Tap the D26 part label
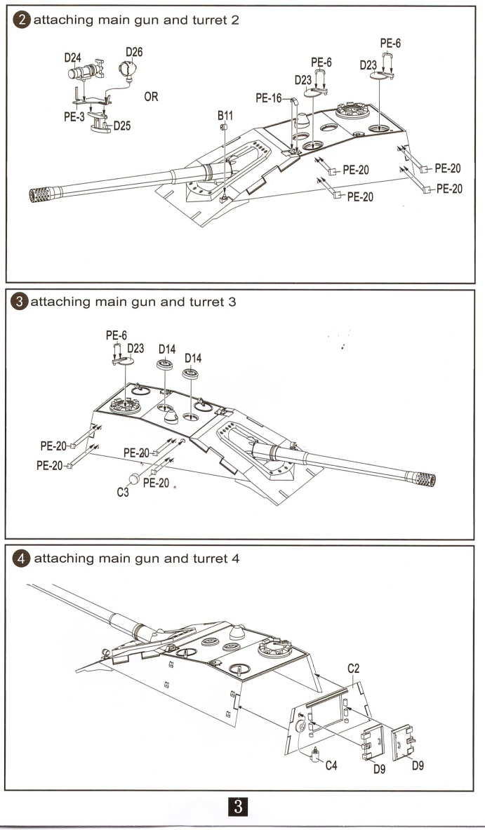[x=133, y=52]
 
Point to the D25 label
[x=121, y=126]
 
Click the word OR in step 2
[x=151, y=98]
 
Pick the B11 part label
[x=225, y=115]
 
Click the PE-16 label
[x=268, y=99]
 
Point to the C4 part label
[x=331, y=765]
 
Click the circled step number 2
[x=23, y=20]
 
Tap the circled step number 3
[x=21, y=302]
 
